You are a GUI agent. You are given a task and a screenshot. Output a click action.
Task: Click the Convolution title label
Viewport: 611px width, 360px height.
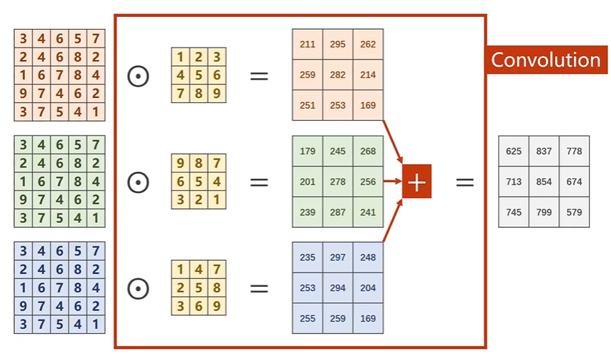[x=546, y=60]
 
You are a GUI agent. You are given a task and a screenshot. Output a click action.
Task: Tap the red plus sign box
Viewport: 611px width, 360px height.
[x=417, y=182]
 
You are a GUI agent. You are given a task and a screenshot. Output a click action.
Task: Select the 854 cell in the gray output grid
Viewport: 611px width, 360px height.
[x=544, y=182]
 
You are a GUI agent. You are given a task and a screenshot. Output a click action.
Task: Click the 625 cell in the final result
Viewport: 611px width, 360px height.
[x=513, y=151]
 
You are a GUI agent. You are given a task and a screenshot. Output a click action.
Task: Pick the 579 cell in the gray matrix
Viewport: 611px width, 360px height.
[x=574, y=212]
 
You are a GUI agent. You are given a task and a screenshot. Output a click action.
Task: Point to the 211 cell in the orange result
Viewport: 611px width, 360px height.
[x=308, y=44]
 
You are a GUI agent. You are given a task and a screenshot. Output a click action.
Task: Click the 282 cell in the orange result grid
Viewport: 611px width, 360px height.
[x=337, y=75]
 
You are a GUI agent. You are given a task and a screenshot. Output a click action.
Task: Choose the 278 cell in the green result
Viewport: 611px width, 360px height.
[x=337, y=182]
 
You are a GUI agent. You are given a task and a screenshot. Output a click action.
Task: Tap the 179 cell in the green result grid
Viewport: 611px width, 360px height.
[x=308, y=151]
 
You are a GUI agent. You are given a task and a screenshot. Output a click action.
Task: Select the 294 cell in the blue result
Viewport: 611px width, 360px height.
[x=337, y=288]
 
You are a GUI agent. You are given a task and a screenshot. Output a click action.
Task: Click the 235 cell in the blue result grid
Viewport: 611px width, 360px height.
[x=308, y=258]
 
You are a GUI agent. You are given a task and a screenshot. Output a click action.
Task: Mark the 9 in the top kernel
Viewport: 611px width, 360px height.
[x=217, y=93]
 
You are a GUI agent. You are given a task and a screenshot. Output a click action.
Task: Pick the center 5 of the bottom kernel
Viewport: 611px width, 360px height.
[x=198, y=288]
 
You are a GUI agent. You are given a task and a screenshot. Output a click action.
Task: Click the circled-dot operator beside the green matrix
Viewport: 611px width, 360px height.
[x=138, y=182]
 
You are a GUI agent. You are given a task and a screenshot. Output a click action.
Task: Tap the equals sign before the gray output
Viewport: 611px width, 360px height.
[x=465, y=182]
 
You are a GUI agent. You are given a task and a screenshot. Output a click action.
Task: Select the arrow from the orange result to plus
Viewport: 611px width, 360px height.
[x=393, y=141]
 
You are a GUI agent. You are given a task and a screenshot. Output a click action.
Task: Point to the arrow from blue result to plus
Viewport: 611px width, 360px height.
[x=393, y=221]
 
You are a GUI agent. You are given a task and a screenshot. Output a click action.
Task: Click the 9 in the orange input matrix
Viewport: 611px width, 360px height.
[x=23, y=93]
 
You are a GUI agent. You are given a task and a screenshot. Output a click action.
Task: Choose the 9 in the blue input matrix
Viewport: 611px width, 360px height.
[x=23, y=305]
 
